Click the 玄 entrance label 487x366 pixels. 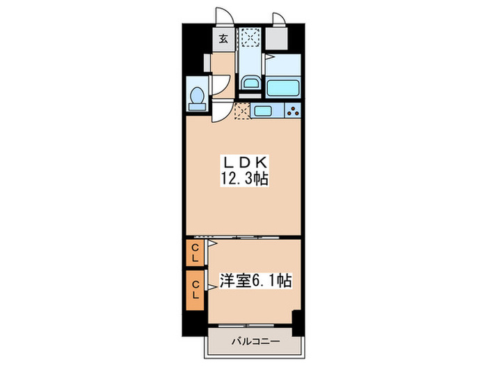click(x=223, y=38)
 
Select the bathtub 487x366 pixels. click(x=282, y=89)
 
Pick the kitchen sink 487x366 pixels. click(x=265, y=110)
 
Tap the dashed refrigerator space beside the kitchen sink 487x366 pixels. click(x=242, y=110)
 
